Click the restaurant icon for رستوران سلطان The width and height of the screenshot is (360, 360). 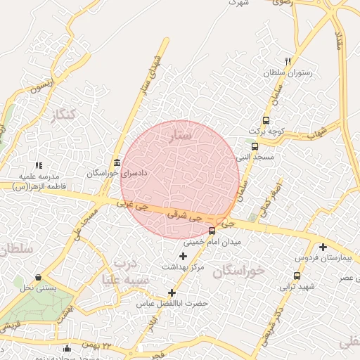[287, 61]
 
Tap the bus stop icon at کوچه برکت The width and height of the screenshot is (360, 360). [266, 120]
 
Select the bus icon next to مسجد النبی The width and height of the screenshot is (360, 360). [255, 147]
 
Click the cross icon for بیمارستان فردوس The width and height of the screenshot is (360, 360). [323, 247]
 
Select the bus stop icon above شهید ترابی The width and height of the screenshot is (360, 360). [297, 276]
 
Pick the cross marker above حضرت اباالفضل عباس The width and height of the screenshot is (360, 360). [172, 292]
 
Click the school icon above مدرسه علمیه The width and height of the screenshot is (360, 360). [48, 165]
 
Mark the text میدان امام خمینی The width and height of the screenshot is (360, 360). [212, 242]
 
